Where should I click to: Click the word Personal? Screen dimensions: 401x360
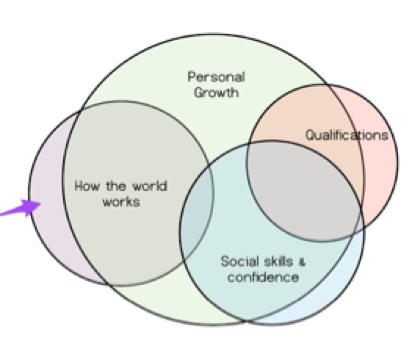click(217, 77)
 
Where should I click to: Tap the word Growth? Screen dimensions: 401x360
click(217, 93)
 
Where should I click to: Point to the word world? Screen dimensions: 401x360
click(150, 186)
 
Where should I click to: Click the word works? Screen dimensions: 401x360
click(121, 202)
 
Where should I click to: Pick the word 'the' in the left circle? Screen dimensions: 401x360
click(115, 186)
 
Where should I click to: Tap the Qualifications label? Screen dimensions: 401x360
click(347, 135)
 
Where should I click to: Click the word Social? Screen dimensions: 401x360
click(240, 262)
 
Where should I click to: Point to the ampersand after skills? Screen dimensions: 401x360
click(302, 262)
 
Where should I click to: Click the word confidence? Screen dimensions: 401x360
click(263, 277)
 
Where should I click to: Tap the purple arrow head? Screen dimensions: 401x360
click(30, 206)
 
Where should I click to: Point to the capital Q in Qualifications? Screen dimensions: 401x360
click(311, 135)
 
